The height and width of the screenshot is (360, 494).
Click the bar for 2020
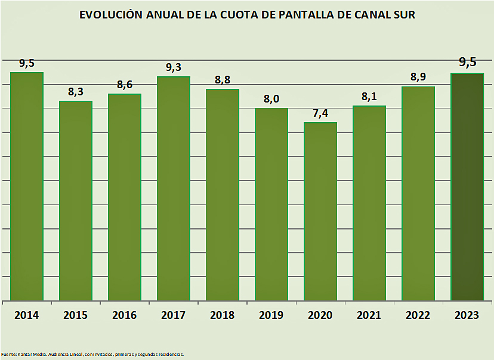coord(320,211)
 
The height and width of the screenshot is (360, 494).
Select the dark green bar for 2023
coord(467,187)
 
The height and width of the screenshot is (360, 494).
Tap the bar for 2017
coord(174,188)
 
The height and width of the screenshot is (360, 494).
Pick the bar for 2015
coord(76,201)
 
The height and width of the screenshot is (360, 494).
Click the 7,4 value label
coord(320,113)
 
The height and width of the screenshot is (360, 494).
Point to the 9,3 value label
coord(174,67)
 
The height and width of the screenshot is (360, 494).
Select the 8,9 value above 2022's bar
coord(418,77)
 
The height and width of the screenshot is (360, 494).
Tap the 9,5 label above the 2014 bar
coord(27,63)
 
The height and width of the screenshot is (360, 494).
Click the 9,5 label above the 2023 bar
coord(467,62)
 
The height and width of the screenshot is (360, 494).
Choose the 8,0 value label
coord(271,99)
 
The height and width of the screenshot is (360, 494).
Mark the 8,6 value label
coord(125,85)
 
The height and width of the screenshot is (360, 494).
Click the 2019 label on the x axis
coord(271,315)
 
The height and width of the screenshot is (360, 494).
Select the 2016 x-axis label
coord(125,315)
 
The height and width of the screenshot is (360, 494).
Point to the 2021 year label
coord(369,315)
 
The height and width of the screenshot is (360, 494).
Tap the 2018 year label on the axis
coord(223,315)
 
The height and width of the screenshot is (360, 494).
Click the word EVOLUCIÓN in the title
coord(113,15)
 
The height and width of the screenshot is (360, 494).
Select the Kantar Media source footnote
coord(92,354)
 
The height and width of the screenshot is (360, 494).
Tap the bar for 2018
coord(223,195)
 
